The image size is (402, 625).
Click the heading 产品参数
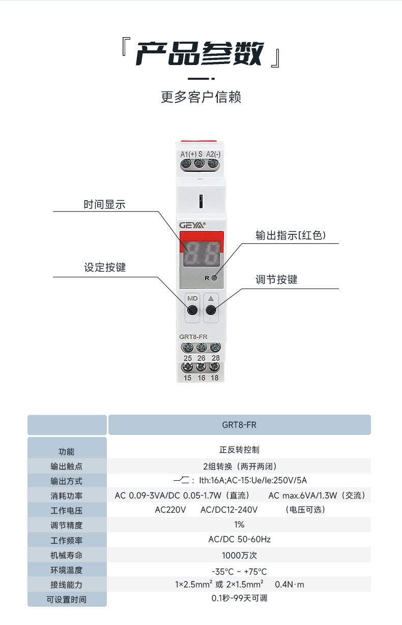200,53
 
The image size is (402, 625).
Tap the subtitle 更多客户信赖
201,97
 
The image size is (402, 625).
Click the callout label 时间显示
104,205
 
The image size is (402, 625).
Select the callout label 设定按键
104,267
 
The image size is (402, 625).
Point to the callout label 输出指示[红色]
290,235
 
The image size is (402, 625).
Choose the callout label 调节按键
276,279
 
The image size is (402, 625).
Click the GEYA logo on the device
192,225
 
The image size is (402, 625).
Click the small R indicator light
214,278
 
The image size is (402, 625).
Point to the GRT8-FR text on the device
193,336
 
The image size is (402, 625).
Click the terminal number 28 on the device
215,358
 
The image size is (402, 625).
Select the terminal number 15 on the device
187,378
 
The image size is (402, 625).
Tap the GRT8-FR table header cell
239,425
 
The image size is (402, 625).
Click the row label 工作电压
66,510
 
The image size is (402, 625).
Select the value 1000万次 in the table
239,555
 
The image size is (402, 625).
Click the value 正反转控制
239,450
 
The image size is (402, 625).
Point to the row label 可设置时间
66,600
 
